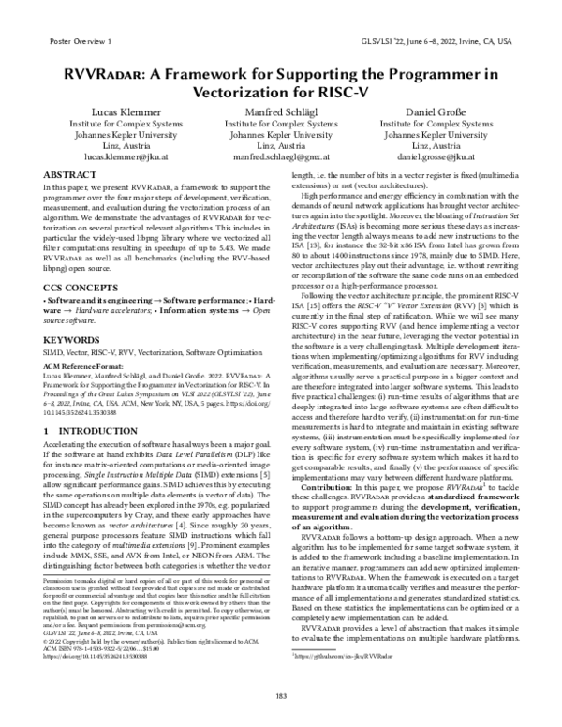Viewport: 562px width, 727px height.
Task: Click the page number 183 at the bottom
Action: tap(281, 694)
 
